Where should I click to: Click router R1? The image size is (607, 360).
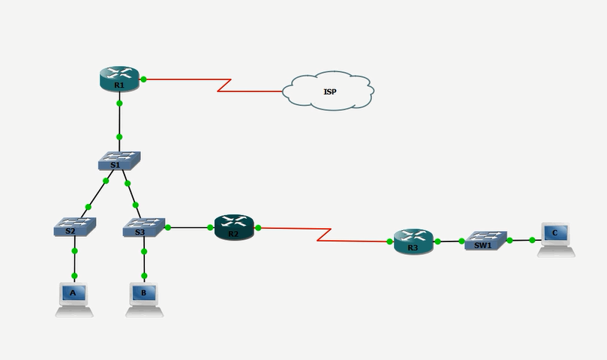(119, 79)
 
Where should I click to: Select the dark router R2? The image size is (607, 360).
(234, 227)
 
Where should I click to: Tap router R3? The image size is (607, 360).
(413, 241)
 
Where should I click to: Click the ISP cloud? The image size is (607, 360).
(329, 91)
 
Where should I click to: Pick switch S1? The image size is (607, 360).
(119, 160)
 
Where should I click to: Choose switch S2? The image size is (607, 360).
(75, 226)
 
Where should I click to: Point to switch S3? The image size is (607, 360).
(144, 227)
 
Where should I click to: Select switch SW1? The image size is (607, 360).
(486, 241)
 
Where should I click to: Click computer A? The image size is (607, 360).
(74, 299)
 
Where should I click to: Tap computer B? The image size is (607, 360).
(144, 299)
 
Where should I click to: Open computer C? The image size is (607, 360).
(556, 239)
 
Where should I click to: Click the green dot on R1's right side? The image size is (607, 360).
(143, 79)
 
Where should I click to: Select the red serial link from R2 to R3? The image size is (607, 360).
(324, 235)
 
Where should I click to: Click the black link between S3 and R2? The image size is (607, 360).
(189, 227)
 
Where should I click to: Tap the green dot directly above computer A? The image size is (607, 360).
(74, 276)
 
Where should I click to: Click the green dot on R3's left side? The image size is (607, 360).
(390, 241)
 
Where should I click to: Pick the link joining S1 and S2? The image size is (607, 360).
(97, 193)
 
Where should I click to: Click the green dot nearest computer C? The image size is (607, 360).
(532, 240)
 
